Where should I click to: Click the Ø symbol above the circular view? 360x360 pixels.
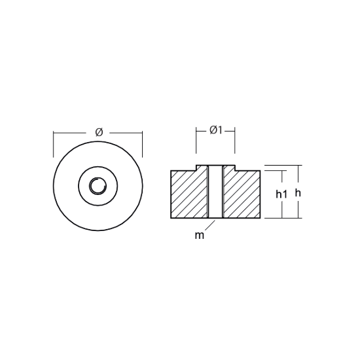click(99, 132)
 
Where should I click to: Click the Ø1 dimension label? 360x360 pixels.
click(216, 130)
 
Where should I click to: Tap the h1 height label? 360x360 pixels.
click(281, 194)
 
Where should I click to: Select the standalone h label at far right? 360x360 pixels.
click(298, 193)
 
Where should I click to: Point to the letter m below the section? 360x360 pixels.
click(199, 236)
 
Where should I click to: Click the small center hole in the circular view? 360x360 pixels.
click(98, 186)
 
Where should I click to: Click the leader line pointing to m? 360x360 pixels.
click(210, 225)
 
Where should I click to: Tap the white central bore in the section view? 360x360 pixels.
click(215, 192)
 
